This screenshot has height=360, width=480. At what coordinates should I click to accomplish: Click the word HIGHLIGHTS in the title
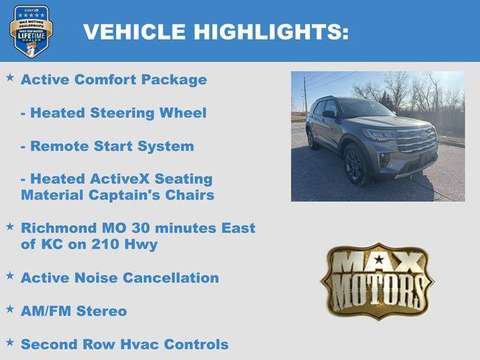[x=271, y=31]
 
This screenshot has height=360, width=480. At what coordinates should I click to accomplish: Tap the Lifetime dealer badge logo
[x=31, y=31]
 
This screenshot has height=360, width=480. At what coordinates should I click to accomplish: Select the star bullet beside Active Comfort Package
[x=10, y=77]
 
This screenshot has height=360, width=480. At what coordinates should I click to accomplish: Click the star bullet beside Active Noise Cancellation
[x=10, y=275]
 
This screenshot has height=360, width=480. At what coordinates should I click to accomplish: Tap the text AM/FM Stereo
[x=73, y=310]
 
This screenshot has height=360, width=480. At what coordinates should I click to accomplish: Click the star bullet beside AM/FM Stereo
[x=10, y=308]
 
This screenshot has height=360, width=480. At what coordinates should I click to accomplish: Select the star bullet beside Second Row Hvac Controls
[x=10, y=342]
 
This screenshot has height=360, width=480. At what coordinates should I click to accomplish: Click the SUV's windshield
[x=364, y=109]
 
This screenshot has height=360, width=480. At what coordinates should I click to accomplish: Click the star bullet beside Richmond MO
[x=10, y=225]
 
